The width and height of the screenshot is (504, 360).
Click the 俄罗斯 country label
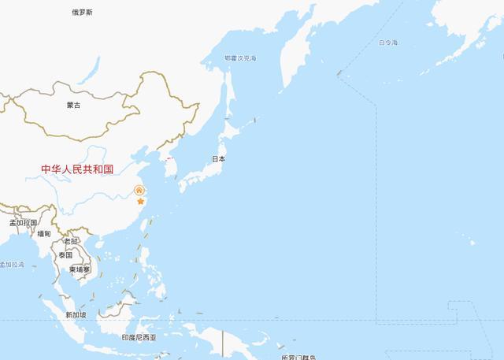tap(81, 12)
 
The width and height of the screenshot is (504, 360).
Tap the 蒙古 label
tap(73, 105)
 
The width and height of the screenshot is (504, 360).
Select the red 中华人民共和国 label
tap(78, 169)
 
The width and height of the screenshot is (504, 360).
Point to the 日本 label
tap(218, 158)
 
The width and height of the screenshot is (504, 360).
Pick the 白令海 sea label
tap(388, 42)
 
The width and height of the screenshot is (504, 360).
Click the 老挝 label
tap(72, 241)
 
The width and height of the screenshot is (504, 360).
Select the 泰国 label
tap(65, 255)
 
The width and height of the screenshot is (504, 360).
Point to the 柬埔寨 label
tap(80, 269)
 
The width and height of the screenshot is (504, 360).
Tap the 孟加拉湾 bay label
tap(12, 265)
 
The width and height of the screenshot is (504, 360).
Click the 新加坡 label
tap(76, 314)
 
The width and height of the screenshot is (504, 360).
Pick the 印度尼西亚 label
tap(139, 337)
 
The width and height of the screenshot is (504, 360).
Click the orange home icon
tap(139, 190)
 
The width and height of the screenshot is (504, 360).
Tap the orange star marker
tap(141, 202)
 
